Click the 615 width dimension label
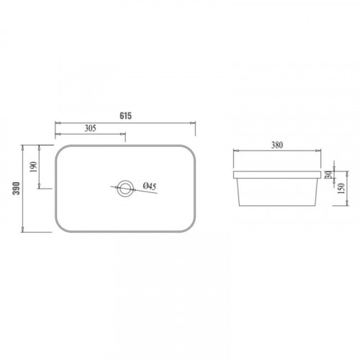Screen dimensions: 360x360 point(126,116)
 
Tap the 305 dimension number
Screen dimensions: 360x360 point(91,128)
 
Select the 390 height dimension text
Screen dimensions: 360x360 point(17,188)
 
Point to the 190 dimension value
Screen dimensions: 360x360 point(34,167)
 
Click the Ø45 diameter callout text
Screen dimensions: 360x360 point(150,186)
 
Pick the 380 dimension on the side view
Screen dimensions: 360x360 point(277,145)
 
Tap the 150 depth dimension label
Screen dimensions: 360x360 point(341,188)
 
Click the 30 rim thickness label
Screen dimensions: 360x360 point(328,174)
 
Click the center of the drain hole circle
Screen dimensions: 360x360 point(125,188)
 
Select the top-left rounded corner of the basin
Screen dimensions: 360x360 point(60,150)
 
